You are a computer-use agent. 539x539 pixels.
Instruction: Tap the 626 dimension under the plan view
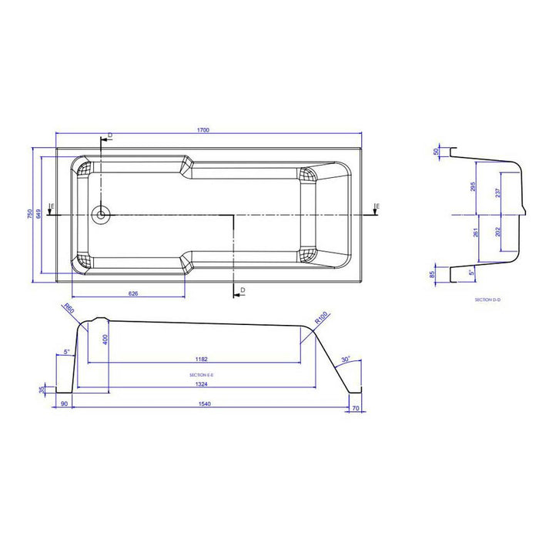[x=132, y=293]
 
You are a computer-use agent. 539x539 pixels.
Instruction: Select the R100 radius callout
[x=320, y=316]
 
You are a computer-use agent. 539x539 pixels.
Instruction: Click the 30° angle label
[x=346, y=360]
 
